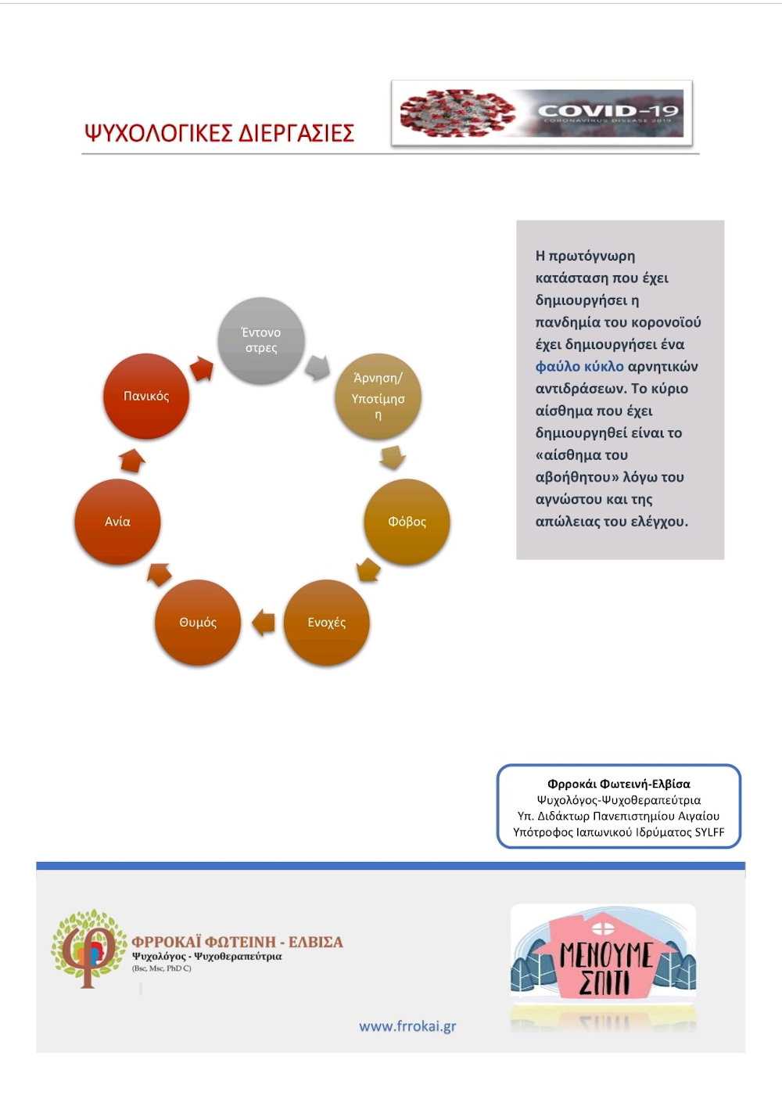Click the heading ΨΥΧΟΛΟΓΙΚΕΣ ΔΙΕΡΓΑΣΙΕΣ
point(219,132)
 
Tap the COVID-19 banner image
point(541,113)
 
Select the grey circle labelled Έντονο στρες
point(260,340)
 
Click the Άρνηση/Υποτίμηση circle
point(378,396)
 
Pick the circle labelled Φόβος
point(407,522)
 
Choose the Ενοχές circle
point(326,623)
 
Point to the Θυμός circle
point(198,623)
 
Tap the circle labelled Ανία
point(117,522)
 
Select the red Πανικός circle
point(146,396)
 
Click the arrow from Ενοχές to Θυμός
point(264,623)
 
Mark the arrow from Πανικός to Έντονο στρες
point(202,369)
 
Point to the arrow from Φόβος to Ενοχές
point(368,570)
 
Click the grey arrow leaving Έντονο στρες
point(317,367)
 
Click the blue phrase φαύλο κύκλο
point(579,367)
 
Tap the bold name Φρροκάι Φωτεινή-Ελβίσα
point(619,784)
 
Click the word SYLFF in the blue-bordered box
point(709,832)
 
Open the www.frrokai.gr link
point(407,1026)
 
